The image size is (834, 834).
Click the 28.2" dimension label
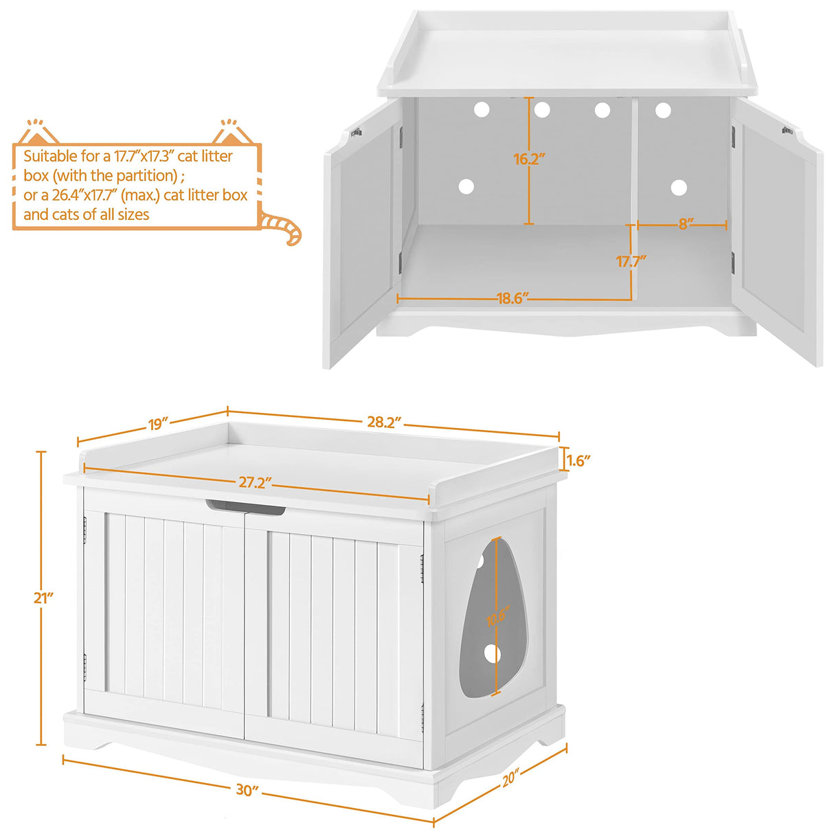pos(383,422)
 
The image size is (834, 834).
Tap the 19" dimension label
pos(158,424)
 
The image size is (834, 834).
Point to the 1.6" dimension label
pos(578,460)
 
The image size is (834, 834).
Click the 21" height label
pos(43,598)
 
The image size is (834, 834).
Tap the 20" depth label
pos(510,779)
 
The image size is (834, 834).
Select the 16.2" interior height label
pos(529,159)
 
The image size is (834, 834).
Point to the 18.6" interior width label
pos(511,299)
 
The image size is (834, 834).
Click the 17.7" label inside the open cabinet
pos(631,262)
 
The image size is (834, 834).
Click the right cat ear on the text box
pos(232,131)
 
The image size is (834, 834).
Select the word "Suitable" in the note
pos(51,157)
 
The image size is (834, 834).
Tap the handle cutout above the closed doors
pos(245,509)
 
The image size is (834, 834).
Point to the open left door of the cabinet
pos(363,234)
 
